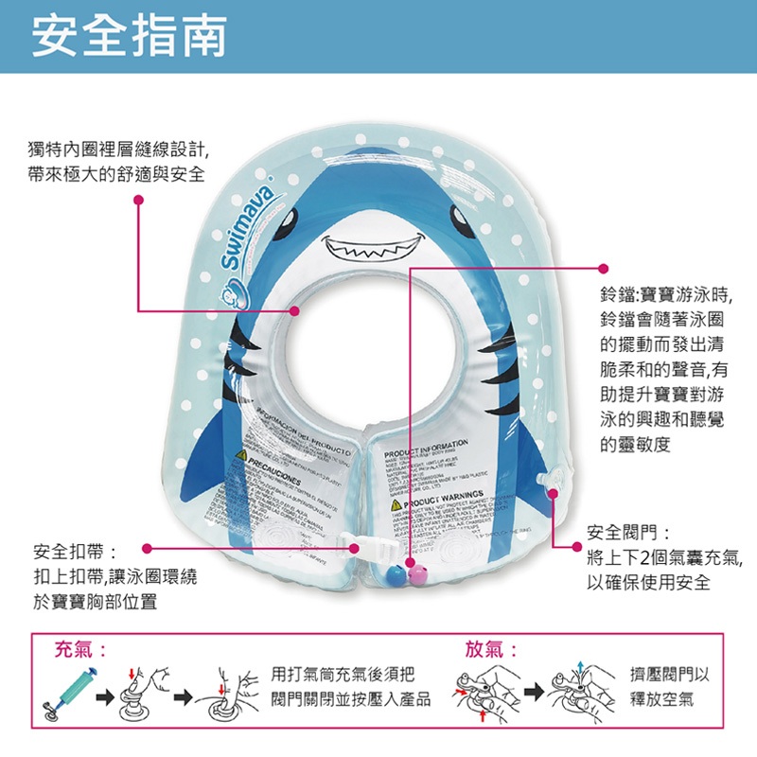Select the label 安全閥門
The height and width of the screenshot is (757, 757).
(x=628, y=533)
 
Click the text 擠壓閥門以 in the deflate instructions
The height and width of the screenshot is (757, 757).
(x=670, y=678)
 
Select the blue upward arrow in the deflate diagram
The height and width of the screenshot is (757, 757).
(x=580, y=668)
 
